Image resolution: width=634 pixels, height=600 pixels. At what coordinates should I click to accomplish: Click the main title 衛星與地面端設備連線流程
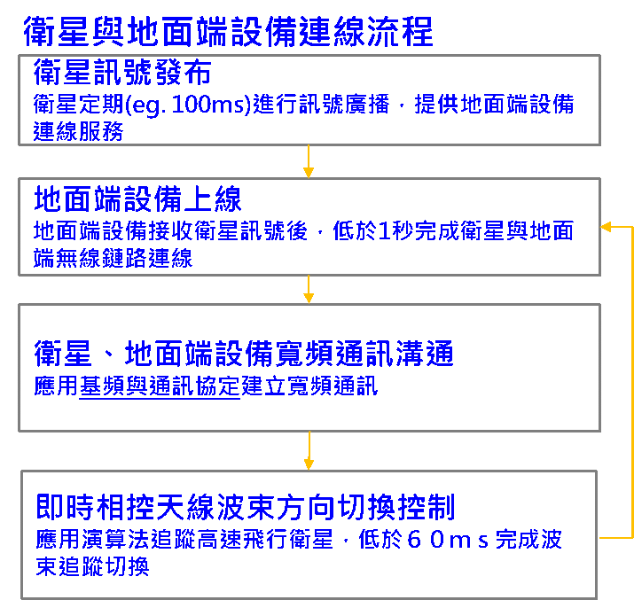pyautogui.click(x=228, y=32)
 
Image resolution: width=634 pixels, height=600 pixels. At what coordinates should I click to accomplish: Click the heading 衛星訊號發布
pyautogui.click(x=122, y=71)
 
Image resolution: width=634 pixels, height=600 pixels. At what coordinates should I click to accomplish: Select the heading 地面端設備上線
pyautogui.click(x=137, y=198)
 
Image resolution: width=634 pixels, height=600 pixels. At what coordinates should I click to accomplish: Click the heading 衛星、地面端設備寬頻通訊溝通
pyautogui.click(x=244, y=355)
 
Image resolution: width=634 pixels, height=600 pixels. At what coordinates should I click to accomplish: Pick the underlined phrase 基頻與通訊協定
pyautogui.click(x=160, y=387)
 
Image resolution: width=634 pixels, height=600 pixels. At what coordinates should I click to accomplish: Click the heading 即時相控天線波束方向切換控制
pyautogui.click(x=246, y=508)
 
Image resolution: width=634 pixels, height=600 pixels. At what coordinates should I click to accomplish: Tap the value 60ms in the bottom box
pyautogui.click(x=449, y=541)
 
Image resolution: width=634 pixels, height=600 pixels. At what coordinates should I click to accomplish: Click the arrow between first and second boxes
pyautogui.click(x=309, y=162)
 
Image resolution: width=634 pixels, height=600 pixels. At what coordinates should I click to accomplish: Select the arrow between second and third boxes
pyautogui.click(x=309, y=289)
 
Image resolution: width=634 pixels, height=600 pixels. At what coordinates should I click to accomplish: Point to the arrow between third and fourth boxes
pyautogui.click(x=309, y=451)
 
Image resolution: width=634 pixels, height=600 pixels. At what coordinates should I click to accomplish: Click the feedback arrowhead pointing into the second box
pyautogui.click(x=607, y=227)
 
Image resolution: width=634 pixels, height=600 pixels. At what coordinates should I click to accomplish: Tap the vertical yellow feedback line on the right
pyautogui.click(x=631, y=381)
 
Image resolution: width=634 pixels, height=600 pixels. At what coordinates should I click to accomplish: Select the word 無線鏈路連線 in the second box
pyautogui.click(x=124, y=259)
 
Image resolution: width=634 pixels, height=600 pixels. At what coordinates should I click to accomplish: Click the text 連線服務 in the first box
pyautogui.click(x=78, y=131)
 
